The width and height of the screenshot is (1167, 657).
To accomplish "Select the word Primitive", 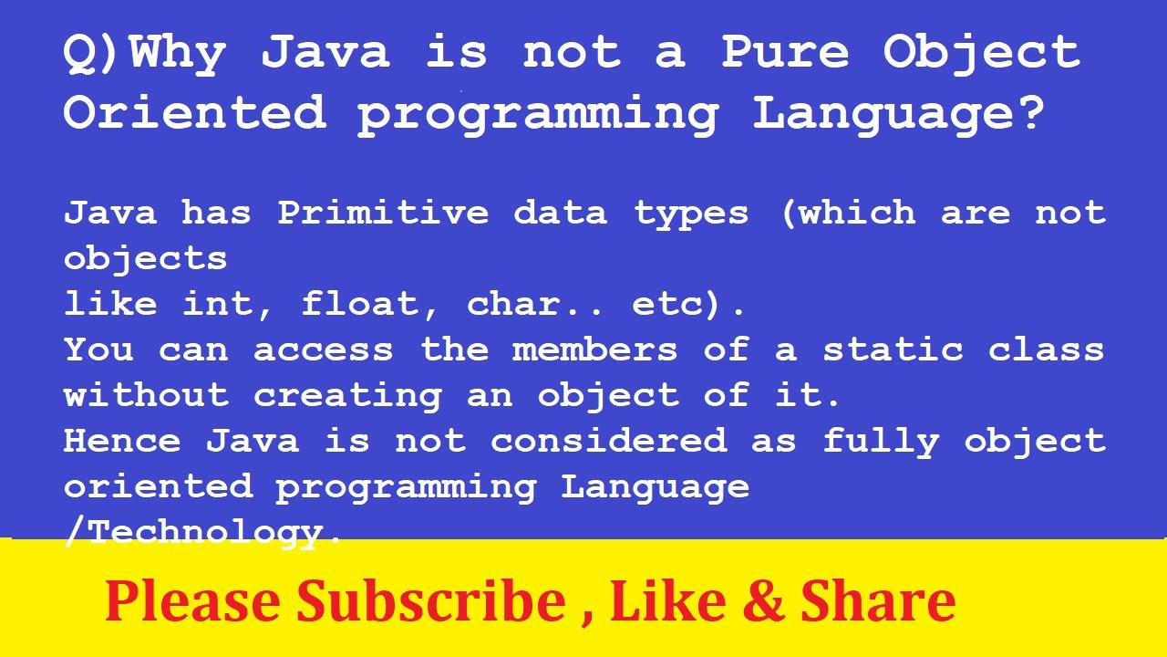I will coord(383,214).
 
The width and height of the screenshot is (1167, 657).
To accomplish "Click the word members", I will coord(594,349).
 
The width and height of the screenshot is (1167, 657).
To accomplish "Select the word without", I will coord(146,395).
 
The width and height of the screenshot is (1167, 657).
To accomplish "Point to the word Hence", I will coord(122,441).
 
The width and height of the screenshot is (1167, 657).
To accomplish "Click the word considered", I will coord(608,441).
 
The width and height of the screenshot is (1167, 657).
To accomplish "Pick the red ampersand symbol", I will coord(761,602).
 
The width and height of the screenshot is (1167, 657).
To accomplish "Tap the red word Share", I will coord(877,602).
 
